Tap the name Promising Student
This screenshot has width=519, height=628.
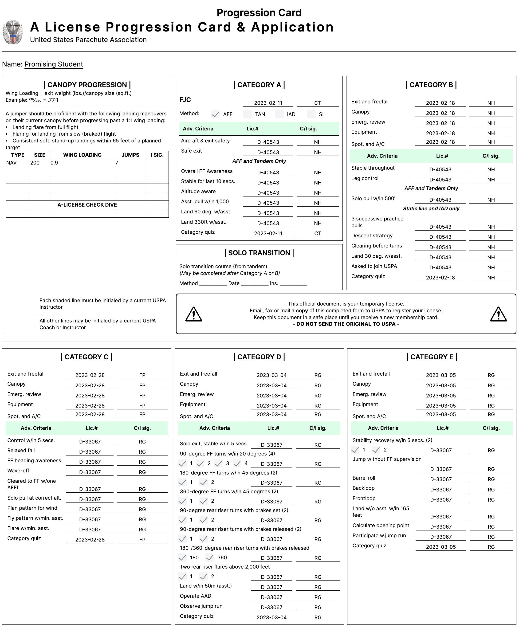click(54, 64)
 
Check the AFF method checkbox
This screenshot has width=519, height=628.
click(215, 114)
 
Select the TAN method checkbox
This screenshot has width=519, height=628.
click(247, 114)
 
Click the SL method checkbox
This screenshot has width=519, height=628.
click(311, 114)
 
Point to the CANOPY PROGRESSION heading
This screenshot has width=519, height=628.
click(87, 85)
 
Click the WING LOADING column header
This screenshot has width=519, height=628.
click(82, 155)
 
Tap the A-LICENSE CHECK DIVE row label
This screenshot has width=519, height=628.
click(87, 205)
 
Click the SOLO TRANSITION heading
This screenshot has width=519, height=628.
click(259, 253)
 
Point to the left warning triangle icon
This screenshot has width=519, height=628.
click(194, 314)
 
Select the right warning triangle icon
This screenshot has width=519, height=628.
click(498, 314)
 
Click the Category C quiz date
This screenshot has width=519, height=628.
click(90, 540)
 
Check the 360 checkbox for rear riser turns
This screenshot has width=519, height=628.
click(210, 558)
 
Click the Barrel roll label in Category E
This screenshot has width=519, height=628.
click(364, 478)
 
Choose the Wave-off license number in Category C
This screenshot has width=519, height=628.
click(90, 472)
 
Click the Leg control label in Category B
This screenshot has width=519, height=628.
click(365, 178)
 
